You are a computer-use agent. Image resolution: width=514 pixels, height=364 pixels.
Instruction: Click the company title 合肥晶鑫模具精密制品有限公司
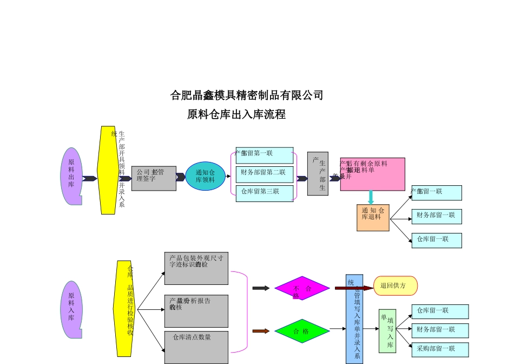click(247, 96)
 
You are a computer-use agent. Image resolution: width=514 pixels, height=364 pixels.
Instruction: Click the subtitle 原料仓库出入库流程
click(236, 115)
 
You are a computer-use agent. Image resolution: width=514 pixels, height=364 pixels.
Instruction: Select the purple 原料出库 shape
click(71, 176)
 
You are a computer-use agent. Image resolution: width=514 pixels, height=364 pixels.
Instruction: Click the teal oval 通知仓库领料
click(205, 176)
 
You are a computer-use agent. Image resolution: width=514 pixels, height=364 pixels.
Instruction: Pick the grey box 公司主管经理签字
click(154, 178)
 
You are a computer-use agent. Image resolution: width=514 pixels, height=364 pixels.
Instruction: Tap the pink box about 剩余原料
click(372, 174)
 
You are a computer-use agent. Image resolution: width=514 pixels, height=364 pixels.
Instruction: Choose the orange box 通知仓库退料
click(373, 217)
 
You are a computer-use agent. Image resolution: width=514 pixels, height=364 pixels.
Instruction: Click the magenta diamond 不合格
click(302, 288)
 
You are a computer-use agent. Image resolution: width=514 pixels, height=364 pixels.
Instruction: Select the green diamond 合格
click(302, 331)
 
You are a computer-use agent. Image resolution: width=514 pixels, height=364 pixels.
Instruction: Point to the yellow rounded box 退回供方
click(395, 285)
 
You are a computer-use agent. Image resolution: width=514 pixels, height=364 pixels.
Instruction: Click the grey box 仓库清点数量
click(196, 347)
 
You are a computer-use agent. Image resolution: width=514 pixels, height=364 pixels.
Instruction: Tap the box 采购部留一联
click(440, 349)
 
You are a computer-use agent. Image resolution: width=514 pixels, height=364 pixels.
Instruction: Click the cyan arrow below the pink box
click(371, 197)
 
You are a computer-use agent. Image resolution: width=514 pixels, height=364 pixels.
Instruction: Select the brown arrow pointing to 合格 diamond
click(261, 331)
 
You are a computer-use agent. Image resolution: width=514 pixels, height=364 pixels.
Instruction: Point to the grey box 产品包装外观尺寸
click(196, 268)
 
